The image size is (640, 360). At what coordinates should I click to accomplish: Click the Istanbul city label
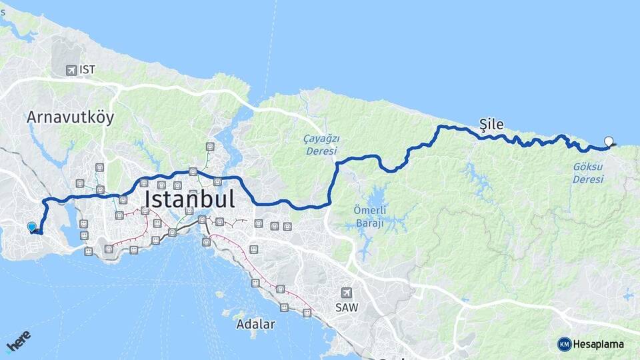click(189, 199)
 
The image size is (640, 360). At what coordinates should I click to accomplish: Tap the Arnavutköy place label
click(70, 117)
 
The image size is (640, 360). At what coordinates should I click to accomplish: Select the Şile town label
click(491, 123)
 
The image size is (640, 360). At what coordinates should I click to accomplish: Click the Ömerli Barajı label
click(369, 217)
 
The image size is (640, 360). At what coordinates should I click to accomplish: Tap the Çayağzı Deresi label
click(322, 144)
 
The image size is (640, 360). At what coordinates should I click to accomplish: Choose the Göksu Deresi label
click(588, 173)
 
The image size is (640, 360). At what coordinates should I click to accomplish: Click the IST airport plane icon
click(71, 69)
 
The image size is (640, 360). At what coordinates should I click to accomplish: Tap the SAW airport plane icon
click(346, 293)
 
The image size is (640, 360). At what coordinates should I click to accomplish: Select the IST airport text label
click(87, 69)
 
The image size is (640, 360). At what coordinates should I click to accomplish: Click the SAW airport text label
click(346, 308)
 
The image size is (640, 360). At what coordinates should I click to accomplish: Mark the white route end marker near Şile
click(608, 141)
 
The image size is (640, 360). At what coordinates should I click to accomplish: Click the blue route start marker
click(31, 227)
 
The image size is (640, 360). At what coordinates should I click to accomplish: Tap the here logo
click(19, 342)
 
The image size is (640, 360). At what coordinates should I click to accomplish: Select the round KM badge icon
click(565, 344)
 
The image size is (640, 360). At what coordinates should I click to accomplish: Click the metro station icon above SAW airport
click(280, 289)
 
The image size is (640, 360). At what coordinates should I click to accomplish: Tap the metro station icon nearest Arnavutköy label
click(99, 167)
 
